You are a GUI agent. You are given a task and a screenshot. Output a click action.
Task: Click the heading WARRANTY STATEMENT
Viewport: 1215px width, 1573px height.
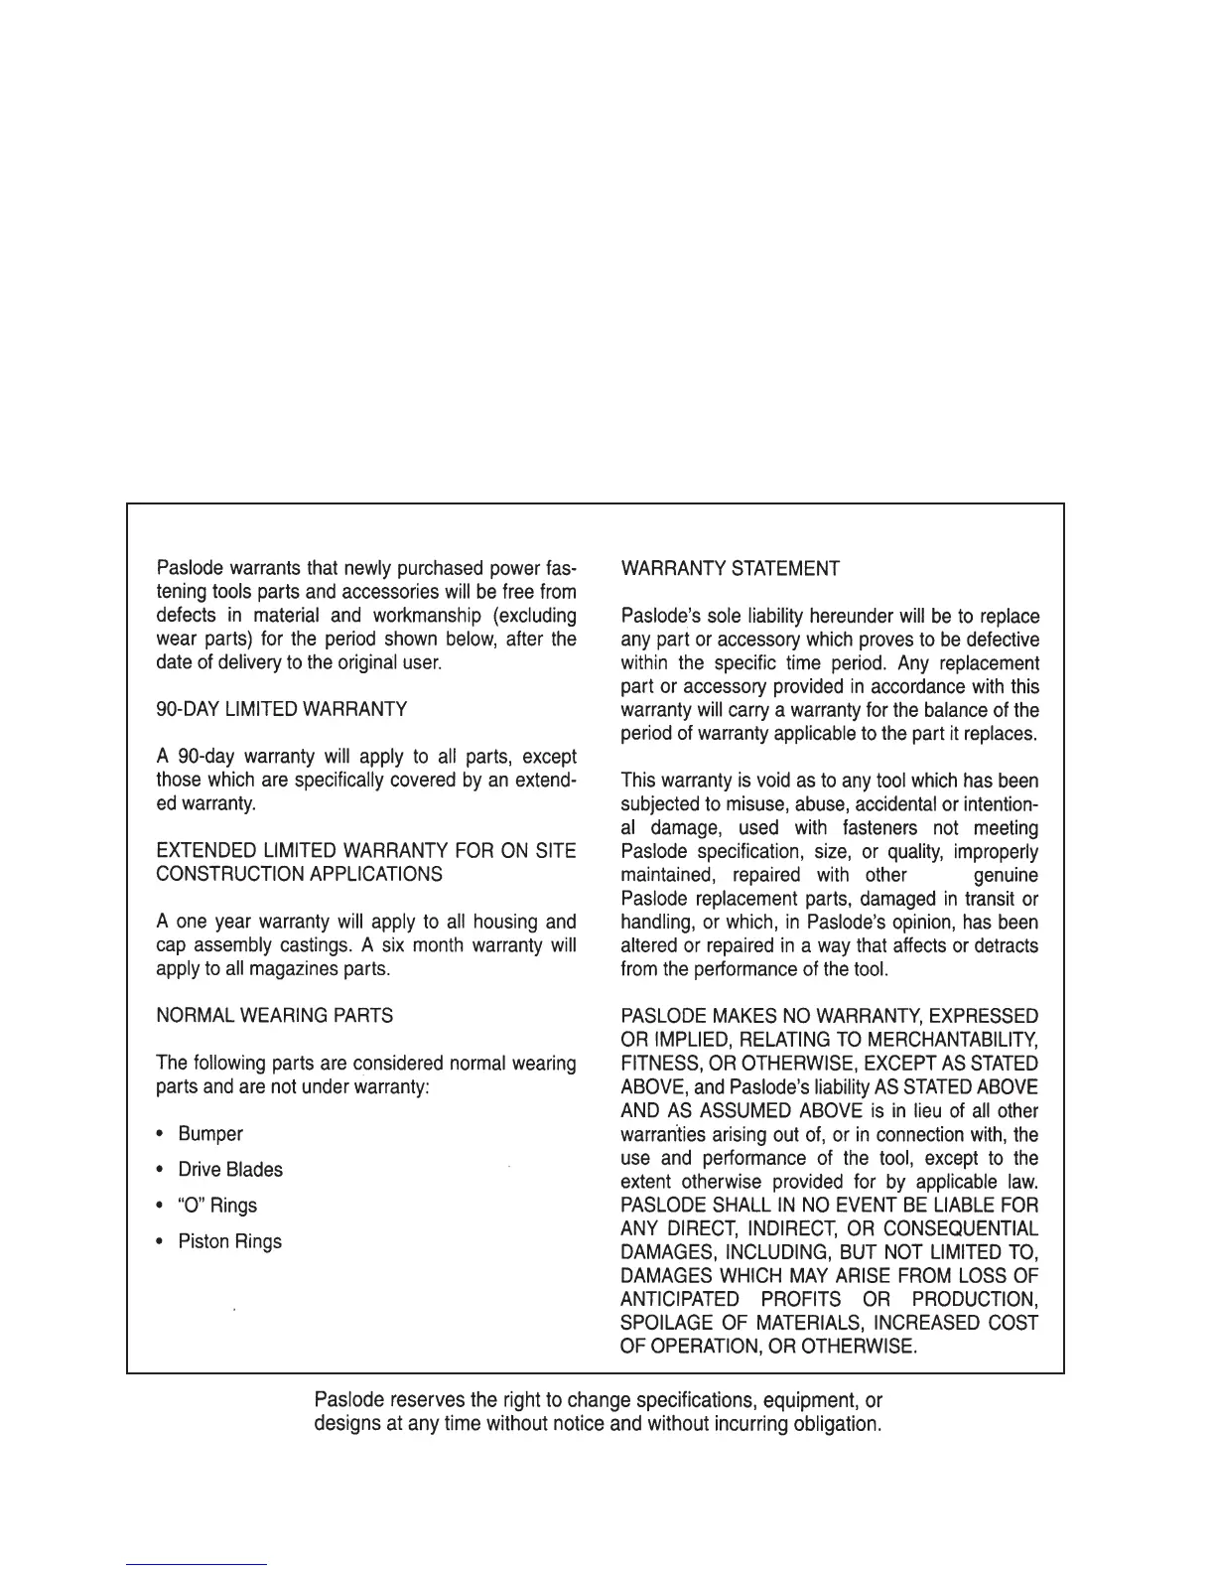pos(730,569)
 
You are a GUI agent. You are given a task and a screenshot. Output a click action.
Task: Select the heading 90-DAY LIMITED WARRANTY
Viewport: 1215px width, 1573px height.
pos(282,709)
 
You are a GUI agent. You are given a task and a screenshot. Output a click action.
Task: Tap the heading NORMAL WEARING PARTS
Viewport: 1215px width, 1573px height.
pos(275,1016)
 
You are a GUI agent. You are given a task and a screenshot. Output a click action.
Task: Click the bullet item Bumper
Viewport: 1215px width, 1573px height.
pos(210,1134)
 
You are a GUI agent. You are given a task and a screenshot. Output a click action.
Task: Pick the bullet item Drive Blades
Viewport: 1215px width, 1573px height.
pos(230,1170)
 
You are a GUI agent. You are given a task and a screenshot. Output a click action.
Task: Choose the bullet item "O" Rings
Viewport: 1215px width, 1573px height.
pos(217,1206)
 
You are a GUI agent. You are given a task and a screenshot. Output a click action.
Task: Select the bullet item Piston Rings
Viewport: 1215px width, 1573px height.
pos(229,1241)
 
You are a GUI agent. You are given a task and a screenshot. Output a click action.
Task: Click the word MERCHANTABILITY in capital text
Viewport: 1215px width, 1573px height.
pos(952,1040)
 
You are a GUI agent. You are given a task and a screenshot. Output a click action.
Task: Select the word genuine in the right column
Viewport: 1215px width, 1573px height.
pos(1006,875)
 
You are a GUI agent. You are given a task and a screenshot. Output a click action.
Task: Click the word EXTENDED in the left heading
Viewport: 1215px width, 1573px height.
pos(198,851)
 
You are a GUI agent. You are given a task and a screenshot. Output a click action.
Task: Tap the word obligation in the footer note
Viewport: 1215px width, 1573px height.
pos(834,1425)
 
